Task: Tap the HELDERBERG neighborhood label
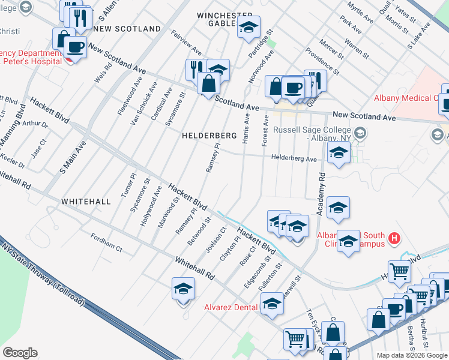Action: (209, 136)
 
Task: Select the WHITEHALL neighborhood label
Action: (85, 202)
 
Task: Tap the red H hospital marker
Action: (394, 238)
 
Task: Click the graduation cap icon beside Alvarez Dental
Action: (272, 304)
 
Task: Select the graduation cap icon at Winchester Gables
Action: (249, 27)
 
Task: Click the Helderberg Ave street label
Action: (294, 159)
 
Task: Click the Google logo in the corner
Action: (20, 353)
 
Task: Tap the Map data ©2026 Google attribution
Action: (412, 355)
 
